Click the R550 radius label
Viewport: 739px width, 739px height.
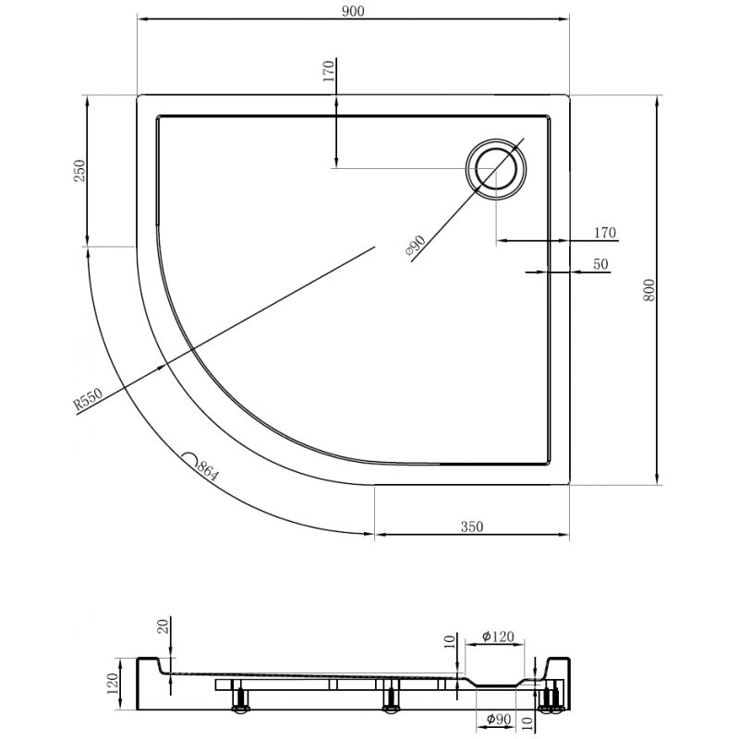(x=88, y=401)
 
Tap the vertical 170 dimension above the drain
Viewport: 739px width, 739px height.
(x=329, y=72)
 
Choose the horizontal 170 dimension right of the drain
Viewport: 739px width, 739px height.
(x=604, y=232)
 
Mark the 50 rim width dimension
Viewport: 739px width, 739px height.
(x=600, y=264)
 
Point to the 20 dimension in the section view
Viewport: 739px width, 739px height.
(x=163, y=627)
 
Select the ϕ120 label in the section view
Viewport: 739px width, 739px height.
(x=503, y=636)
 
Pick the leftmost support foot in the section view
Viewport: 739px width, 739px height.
(x=241, y=698)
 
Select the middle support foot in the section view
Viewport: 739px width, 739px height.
(x=390, y=698)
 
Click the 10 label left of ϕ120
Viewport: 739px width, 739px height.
(x=447, y=640)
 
